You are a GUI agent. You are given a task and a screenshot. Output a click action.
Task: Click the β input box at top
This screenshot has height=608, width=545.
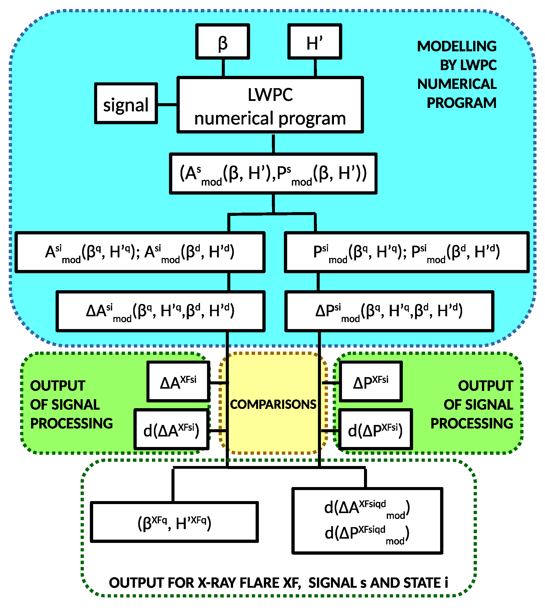(x=223, y=42)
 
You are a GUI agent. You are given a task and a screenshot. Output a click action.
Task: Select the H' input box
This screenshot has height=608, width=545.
(x=314, y=42)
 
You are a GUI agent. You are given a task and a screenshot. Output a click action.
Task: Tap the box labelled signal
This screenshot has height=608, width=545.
(x=126, y=104)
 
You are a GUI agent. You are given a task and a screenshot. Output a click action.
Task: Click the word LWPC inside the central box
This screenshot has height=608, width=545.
(x=270, y=95)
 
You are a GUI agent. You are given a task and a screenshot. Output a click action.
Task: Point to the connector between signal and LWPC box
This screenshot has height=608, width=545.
(x=167, y=104)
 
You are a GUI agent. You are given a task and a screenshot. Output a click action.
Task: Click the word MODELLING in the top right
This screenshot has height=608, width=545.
(x=457, y=46)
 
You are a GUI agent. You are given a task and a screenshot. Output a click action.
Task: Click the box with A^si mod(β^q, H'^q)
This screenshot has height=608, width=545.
(x=140, y=252)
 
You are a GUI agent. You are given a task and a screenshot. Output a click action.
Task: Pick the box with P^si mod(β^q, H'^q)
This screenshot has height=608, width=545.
(x=406, y=252)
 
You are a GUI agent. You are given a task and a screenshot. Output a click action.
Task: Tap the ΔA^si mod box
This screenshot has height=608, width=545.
(x=160, y=311)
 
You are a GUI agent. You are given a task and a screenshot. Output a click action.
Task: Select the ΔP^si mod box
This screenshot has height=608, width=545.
(x=389, y=311)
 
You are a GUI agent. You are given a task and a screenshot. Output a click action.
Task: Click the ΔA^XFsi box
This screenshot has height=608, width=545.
(x=178, y=382)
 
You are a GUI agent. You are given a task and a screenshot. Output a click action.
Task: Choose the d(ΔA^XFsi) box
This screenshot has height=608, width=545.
(x=171, y=429)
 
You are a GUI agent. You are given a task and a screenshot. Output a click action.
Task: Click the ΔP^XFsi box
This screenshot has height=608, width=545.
(x=371, y=382)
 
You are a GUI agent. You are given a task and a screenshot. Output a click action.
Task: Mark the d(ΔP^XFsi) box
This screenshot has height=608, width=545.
(x=375, y=429)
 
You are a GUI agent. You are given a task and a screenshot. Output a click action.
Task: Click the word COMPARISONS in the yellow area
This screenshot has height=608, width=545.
(x=273, y=404)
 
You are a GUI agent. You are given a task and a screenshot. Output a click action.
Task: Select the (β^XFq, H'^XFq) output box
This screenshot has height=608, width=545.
(x=174, y=522)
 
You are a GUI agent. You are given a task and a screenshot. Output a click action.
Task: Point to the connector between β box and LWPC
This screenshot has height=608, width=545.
(x=223, y=68)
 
